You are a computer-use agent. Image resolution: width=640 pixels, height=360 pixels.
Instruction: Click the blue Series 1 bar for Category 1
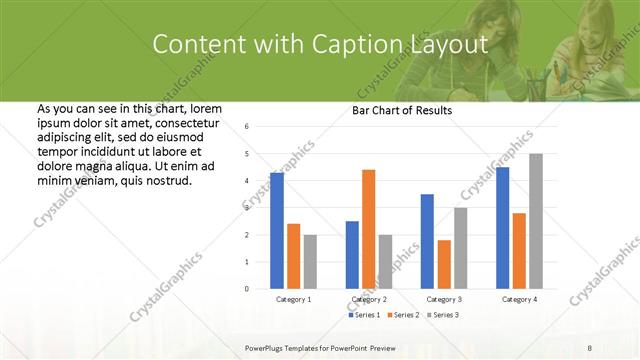(x=277, y=231)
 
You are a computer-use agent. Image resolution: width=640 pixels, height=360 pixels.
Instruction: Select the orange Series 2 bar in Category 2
(x=369, y=229)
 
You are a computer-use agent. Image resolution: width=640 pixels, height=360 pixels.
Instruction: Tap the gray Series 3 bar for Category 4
(x=536, y=221)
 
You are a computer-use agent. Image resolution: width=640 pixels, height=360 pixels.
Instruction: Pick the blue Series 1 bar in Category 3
(x=427, y=241)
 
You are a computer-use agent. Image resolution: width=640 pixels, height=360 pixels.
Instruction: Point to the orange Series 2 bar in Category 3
(x=444, y=264)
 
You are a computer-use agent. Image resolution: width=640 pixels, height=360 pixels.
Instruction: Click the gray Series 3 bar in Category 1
(x=310, y=261)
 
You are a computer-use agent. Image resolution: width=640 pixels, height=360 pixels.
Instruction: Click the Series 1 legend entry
(x=365, y=315)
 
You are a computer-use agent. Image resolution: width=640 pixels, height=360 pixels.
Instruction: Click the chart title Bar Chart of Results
(x=402, y=111)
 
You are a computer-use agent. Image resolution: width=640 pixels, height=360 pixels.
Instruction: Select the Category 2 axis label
(x=369, y=299)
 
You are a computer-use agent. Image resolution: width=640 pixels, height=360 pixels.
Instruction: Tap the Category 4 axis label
(x=519, y=299)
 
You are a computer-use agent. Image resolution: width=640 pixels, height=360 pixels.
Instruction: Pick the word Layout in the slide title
(x=450, y=44)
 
